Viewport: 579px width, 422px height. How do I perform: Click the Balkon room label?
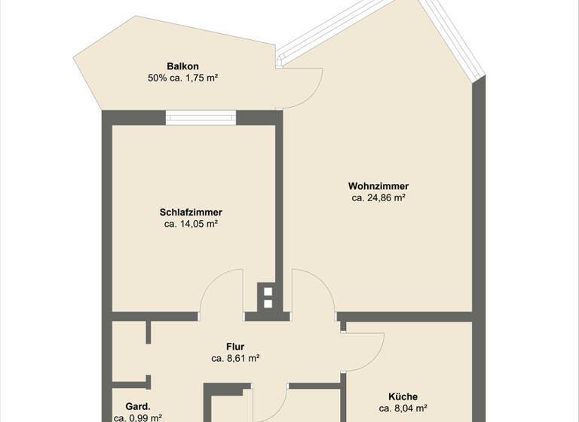point(182,66)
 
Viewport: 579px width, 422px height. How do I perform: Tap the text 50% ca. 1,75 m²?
point(184,78)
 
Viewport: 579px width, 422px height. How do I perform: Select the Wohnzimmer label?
point(378,186)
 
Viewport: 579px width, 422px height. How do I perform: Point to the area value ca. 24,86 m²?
point(378,198)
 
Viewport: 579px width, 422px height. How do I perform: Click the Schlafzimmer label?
point(191,212)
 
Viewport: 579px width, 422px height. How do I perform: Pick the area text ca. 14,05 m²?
point(191,224)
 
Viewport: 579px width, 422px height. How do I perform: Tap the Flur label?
point(235,347)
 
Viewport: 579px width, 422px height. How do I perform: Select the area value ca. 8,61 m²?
point(235,359)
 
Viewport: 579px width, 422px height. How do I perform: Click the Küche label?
point(403,396)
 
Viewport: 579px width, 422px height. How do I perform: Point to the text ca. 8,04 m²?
point(403,408)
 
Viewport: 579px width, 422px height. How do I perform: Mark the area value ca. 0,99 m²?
point(138,417)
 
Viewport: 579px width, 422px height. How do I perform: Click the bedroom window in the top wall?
point(201,117)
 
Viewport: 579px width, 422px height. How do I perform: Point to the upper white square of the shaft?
point(268,290)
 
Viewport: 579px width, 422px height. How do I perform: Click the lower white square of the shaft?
point(268,304)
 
